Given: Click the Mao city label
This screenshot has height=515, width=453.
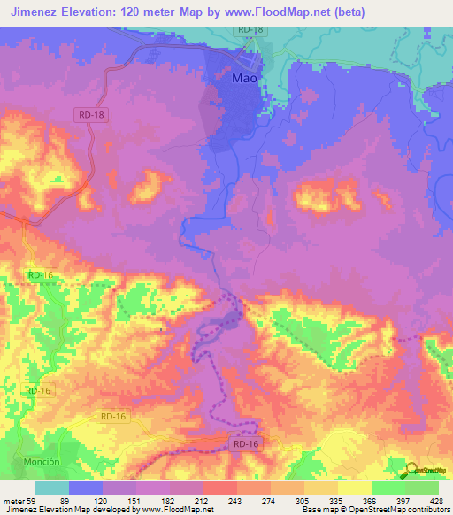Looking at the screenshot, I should click(x=244, y=78).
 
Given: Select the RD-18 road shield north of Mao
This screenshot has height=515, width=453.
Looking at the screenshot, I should click(x=248, y=30).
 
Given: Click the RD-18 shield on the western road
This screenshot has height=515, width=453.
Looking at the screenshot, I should click(x=92, y=114).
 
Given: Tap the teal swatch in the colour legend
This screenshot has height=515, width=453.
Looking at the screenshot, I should click(x=52, y=488).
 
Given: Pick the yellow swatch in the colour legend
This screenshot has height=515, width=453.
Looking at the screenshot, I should click(x=354, y=488).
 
